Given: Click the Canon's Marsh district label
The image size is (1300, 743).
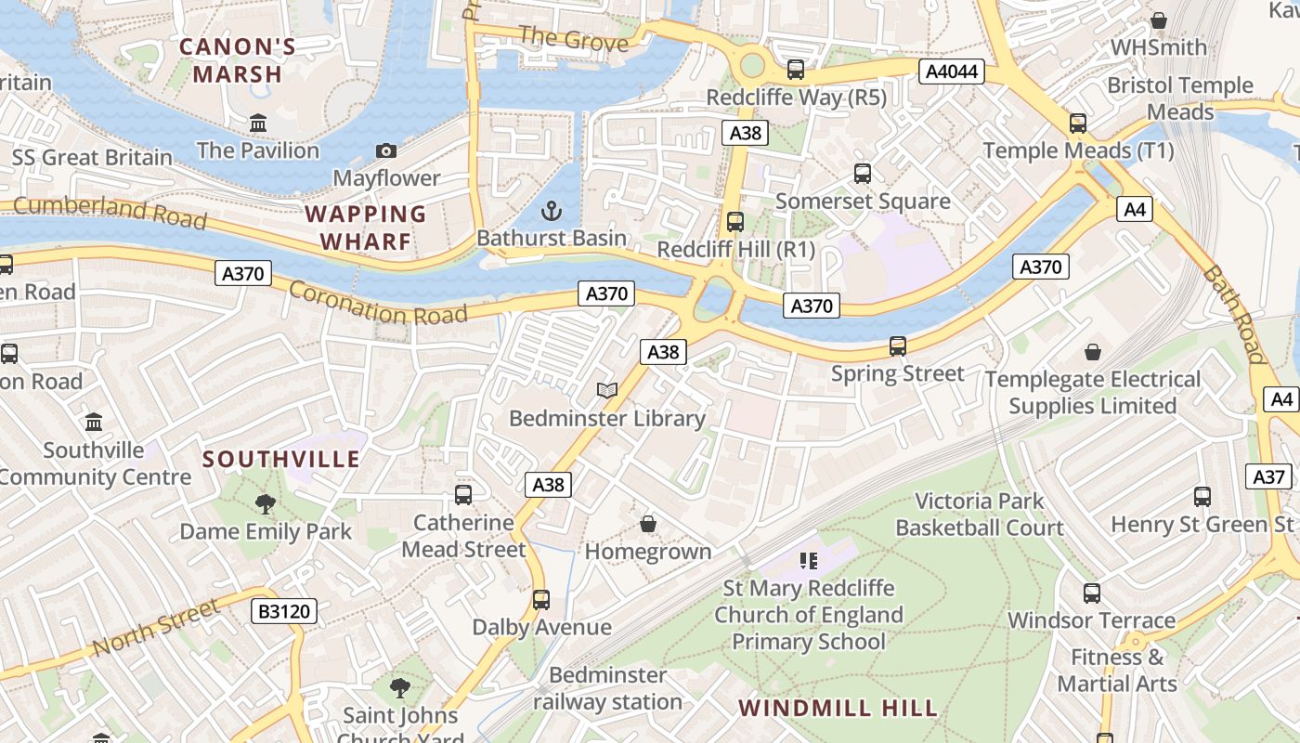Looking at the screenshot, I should point(237,60).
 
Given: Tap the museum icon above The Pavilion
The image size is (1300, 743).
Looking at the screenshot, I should point(258,123).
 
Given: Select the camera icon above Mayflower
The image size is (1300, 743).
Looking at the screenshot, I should point(386,150).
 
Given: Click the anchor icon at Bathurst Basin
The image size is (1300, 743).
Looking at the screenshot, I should point(552,210).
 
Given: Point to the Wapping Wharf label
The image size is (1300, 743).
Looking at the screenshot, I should point(366,228).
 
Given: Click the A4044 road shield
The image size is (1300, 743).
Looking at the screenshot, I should point(952,72).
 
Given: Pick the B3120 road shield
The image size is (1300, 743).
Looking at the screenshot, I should point(284,611).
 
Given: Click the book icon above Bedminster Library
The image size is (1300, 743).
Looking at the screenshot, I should point(607,391).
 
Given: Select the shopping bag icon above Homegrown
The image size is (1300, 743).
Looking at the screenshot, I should point(648,525).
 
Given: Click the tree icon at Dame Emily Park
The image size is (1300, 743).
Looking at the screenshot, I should point(266,504).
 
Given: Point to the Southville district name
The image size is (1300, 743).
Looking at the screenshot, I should point(280,459).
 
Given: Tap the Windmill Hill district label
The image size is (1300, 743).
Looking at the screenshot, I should point(838,709).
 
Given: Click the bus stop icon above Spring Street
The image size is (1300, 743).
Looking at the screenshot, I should point(897,346).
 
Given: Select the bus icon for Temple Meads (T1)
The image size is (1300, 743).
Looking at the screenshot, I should point(1078,124).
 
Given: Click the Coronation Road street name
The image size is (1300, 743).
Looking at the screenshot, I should point(377,303).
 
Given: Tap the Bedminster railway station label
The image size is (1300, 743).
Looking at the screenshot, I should point(607,688).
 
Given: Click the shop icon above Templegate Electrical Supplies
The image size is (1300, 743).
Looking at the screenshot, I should point(1093,352).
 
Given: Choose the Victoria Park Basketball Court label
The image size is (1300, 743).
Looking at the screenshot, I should point(980,515).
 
